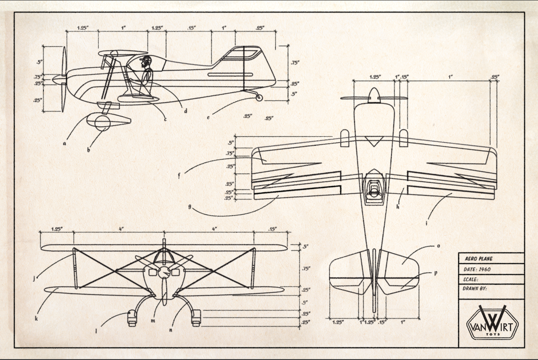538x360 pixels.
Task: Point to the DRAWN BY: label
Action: (x=475, y=289)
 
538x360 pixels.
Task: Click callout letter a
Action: (x=65, y=144)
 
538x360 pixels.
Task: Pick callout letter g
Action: (x=190, y=207)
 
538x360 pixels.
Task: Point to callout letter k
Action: (x=36, y=319)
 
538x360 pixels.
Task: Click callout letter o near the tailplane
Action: (x=438, y=246)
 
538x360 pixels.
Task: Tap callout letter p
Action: (x=435, y=273)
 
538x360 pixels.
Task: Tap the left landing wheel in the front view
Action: (x=131, y=318)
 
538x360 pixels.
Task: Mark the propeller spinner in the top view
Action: (x=373, y=95)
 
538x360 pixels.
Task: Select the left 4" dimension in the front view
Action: (x=121, y=229)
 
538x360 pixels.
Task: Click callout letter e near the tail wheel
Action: (x=208, y=117)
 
